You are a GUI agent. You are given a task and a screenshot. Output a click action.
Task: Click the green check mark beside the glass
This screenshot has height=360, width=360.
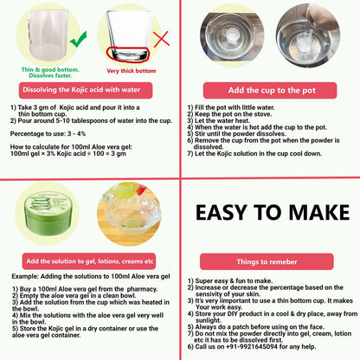coord(77,39)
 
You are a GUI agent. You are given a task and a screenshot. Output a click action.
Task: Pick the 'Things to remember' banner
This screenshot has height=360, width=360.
coord(270,260)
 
